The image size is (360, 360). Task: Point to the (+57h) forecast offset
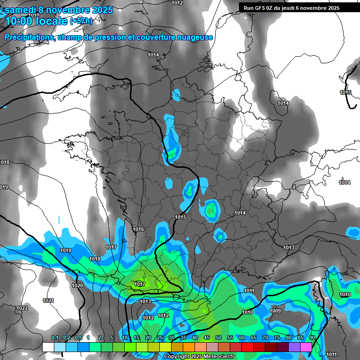pos(81,21)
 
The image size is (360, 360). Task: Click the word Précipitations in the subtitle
pos(30,37)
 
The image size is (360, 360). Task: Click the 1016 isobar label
pos(138,229)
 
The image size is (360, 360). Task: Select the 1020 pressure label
pos(77,285)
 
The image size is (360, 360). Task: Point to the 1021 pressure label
pos(48,300)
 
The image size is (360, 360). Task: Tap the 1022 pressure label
pos(22,308)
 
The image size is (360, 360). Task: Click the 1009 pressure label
pos(275,311)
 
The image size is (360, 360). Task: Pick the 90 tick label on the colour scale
pos(312,338)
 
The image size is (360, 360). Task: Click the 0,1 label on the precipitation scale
pos(54,338)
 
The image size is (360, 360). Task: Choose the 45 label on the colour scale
pos(207,338)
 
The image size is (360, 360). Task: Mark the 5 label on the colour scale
pos(112,338)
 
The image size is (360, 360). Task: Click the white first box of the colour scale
pos(48,347)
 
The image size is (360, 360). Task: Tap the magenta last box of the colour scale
pos(306,347)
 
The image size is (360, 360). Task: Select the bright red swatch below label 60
pos(247,347)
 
